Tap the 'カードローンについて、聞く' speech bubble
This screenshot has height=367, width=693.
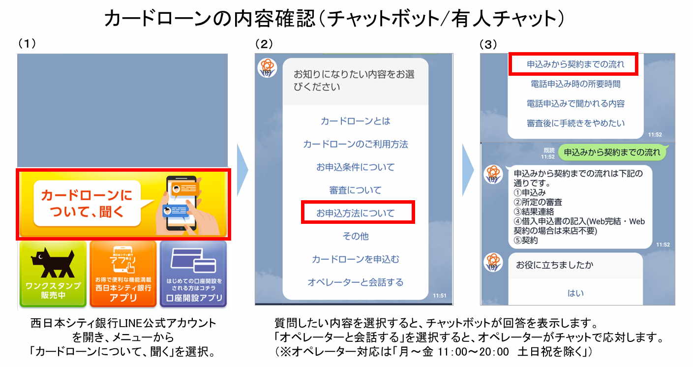tap(87, 204)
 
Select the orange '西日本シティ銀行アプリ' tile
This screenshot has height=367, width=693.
tap(123, 274)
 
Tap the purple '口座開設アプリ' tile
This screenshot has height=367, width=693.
tap(193, 274)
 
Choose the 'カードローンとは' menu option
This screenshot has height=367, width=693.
tap(355, 122)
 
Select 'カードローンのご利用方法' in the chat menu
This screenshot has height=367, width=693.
tap(355, 145)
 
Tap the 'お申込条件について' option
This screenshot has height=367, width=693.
tap(355, 168)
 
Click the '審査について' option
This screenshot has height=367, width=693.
tap(355, 190)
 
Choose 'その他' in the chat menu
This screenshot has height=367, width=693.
tap(355, 237)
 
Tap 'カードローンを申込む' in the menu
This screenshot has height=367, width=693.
tap(355, 259)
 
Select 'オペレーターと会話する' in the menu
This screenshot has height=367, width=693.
tap(355, 282)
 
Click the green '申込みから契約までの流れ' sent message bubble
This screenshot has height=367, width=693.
tap(612, 153)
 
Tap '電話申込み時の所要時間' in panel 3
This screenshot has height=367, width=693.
tap(575, 84)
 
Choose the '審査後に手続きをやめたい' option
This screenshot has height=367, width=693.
tap(575, 123)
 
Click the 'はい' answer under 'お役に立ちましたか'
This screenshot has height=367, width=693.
tap(575, 293)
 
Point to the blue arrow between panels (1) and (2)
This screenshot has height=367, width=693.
tap(242, 170)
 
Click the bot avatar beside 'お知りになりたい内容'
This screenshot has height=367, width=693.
tap(268, 68)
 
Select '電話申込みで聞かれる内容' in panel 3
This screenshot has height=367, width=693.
tap(575, 104)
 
